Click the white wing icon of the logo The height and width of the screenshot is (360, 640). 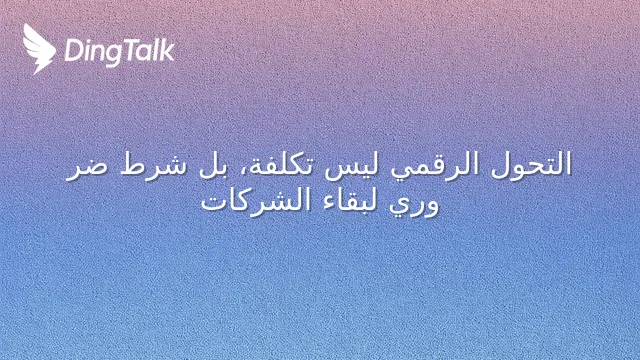point(39,49)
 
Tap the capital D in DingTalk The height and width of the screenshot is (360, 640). point(73,51)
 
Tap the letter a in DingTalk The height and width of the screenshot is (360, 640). point(145,54)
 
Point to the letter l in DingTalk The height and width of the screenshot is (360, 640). point(158,50)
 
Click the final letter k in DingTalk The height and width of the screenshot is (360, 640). point(167,50)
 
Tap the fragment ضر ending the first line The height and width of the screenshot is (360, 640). point(87,168)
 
